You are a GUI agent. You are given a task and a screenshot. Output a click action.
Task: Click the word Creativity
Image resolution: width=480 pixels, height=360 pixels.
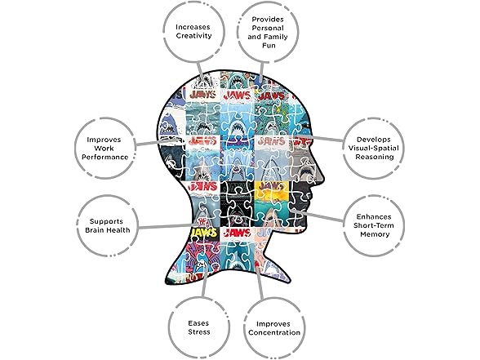coord(193,36)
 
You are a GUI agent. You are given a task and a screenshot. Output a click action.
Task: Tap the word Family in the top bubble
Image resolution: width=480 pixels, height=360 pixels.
coord(276,37)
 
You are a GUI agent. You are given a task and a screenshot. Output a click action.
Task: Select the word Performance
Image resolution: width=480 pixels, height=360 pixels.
coord(104,157)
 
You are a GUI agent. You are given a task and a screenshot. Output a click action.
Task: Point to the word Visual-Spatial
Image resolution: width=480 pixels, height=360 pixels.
coord(374,149)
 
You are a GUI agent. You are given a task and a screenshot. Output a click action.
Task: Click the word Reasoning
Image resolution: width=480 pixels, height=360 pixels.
coord(374,157)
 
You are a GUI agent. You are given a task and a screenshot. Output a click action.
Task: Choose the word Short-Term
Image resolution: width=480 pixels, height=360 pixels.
coord(374,225)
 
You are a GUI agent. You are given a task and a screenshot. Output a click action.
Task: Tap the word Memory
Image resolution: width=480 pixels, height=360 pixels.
coord(375,234)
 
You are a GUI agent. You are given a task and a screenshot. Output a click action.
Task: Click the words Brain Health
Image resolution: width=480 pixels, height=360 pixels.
coord(108,230)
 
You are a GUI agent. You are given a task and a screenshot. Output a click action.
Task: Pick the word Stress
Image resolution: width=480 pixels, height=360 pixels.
coord(199,331)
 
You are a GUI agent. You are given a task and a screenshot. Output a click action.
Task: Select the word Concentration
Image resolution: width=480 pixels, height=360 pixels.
coord(274,332)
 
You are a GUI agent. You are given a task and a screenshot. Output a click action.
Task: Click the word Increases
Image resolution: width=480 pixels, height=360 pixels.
coord(193,27)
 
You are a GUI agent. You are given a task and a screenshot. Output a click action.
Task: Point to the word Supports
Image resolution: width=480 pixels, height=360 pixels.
coord(106,221)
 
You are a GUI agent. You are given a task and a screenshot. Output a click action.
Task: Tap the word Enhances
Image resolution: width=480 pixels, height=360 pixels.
coord(374,217)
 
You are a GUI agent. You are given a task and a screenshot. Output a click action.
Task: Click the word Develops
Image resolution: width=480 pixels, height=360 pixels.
coord(374,140)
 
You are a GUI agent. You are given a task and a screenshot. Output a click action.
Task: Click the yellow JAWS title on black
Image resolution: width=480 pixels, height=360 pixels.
coord(204,233)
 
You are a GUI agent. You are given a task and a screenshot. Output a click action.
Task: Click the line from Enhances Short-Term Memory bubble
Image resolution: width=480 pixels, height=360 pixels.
coord(317,215)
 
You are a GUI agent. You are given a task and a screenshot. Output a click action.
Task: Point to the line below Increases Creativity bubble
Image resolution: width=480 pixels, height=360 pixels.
coord(201,71)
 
